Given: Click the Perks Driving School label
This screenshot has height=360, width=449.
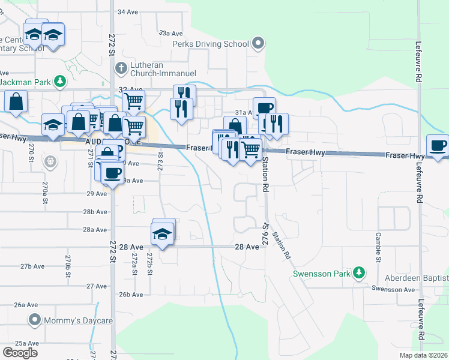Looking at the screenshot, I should [210, 44].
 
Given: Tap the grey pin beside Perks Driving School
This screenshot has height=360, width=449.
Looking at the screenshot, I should [259, 43].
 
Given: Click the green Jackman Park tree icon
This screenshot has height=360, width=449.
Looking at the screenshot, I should [59, 80].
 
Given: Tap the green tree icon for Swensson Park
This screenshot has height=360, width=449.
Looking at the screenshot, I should [359, 273].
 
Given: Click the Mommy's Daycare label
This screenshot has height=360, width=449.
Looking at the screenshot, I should [79, 321].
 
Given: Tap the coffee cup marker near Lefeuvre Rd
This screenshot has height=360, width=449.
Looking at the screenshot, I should [438, 146].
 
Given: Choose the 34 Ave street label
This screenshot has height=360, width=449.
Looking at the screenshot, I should [128, 12].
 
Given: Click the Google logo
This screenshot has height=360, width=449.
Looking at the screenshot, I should [19, 353].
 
